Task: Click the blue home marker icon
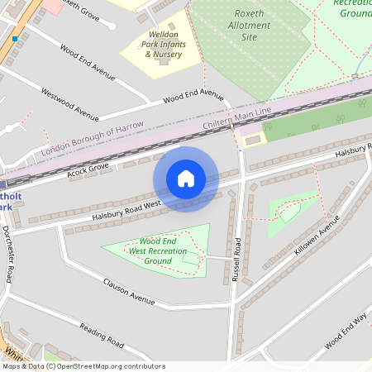[186, 179]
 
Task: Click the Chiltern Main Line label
[236, 117]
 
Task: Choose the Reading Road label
[101, 335]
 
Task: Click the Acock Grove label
[88, 169]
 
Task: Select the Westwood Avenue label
[69, 102]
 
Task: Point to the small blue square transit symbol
[15, 39]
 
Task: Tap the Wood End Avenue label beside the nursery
[193, 96]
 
